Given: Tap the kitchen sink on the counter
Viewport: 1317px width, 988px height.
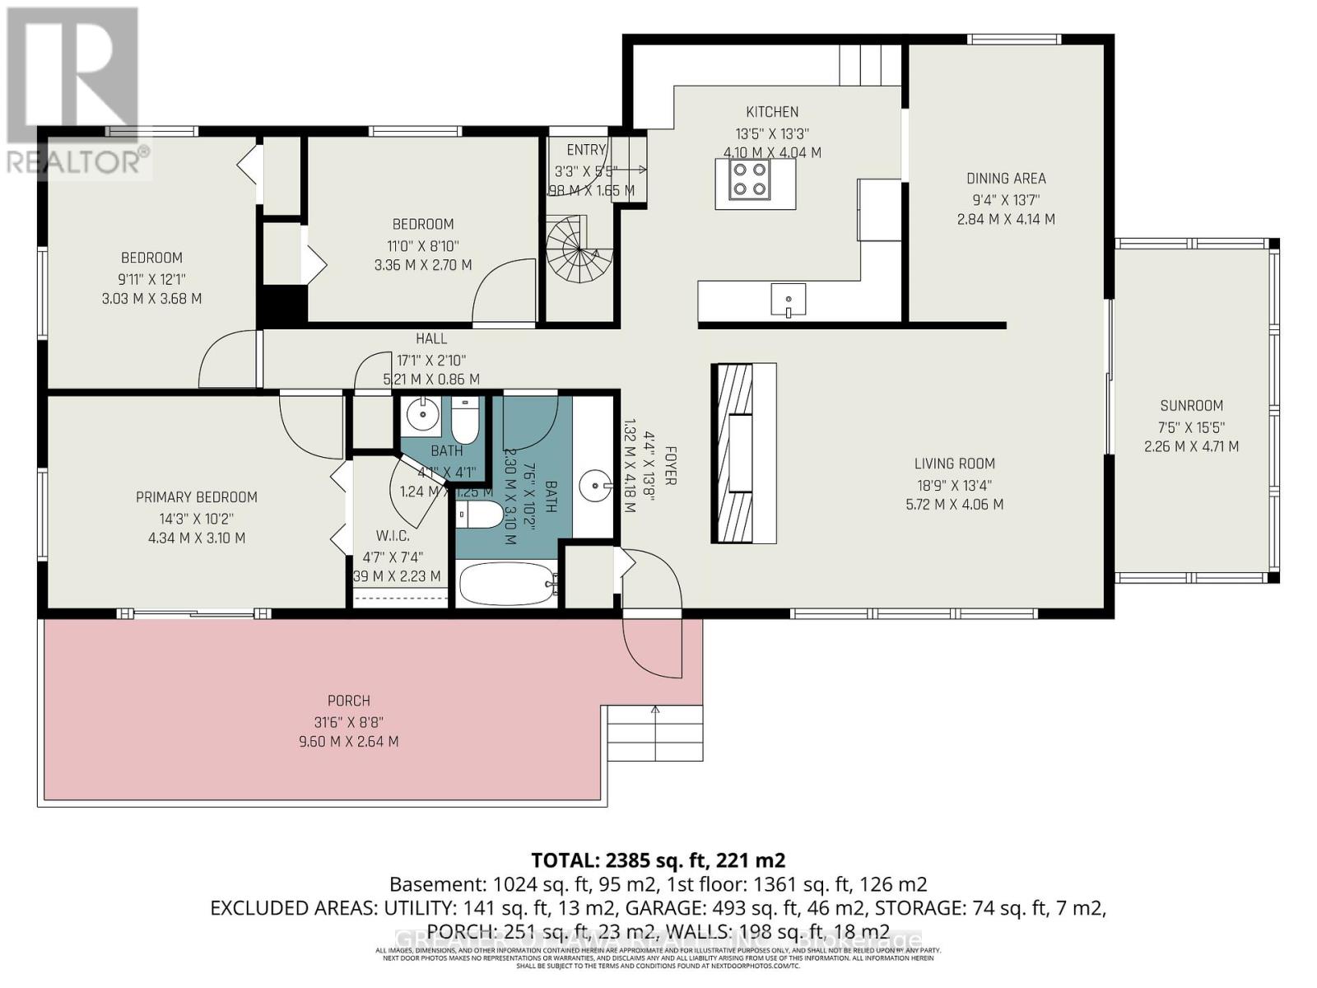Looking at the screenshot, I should (789, 300).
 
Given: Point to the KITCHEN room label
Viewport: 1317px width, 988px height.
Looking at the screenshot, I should (772, 112).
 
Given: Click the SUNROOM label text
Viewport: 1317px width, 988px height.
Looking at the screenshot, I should (1191, 405).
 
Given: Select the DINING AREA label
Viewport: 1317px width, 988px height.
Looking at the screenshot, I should (1006, 178).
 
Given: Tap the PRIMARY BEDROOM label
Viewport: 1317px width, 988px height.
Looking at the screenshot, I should (197, 496).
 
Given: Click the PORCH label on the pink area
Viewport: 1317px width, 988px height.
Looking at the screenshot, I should (349, 701).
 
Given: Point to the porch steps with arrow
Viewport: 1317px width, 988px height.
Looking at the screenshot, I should (654, 733).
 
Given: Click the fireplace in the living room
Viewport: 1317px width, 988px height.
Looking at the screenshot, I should (743, 453).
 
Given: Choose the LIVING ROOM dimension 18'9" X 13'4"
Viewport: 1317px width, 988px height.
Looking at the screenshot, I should (954, 484).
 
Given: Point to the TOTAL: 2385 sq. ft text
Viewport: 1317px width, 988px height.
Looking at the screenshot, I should (658, 860).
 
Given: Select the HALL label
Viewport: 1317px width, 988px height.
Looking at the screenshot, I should (431, 338).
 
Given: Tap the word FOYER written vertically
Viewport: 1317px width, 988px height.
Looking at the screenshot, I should (670, 465).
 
